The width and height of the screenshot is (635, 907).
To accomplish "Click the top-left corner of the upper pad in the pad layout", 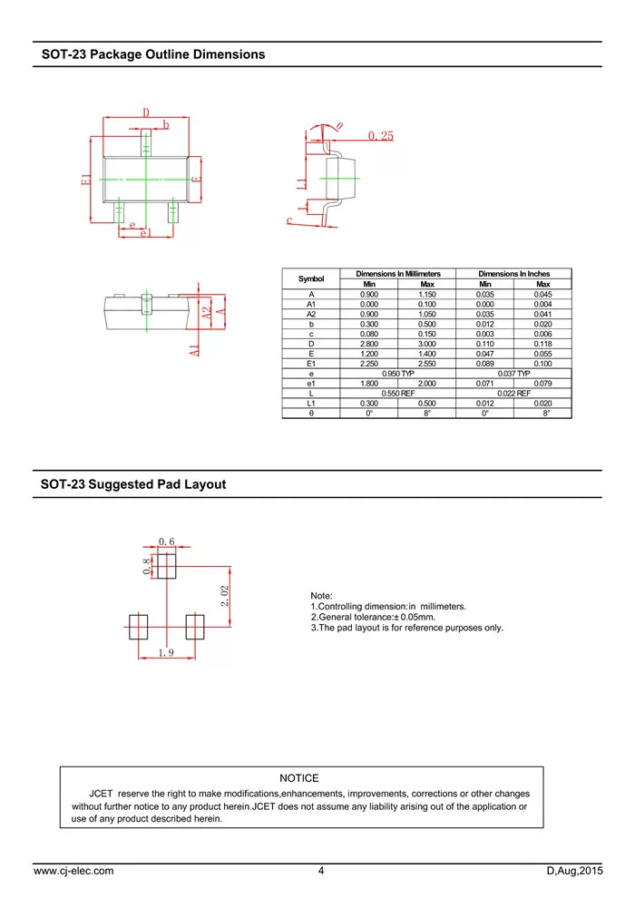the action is tap(157, 554).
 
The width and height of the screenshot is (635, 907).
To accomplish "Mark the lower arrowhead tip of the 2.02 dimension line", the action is tap(230, 626).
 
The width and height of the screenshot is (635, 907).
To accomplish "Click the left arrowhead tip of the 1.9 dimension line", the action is tap(139, 658).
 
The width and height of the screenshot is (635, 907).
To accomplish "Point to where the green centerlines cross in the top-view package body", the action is tap(146, 180).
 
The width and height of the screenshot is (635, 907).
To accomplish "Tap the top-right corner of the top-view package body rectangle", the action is tap(189, 157).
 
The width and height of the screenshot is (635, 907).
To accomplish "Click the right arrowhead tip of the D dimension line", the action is tap(189, 117).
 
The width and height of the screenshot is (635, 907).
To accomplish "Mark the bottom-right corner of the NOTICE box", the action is tap(543, 828).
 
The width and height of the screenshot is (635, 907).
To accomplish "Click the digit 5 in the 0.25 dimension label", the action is tap(390, 136).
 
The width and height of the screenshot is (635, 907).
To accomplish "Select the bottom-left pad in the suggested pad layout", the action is tap(139, 627).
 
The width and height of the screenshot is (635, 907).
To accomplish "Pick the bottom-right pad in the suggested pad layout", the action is tap(195, 627).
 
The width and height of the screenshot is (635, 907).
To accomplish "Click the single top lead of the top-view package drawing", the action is tap(146, 143).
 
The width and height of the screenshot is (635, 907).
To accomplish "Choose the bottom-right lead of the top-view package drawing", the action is tap(172, 211).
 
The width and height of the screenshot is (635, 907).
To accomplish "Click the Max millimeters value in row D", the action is tap(426, 344).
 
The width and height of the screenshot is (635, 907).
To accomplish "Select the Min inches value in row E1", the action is tap(484, 364).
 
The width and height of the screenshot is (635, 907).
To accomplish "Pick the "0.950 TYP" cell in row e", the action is tap(398, 374).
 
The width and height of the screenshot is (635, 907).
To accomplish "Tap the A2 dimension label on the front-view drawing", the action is tap(207, 313).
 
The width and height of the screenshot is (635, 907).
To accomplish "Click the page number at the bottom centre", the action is tap(321, 871).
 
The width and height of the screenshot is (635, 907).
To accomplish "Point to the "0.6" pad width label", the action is tap(167, 541).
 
